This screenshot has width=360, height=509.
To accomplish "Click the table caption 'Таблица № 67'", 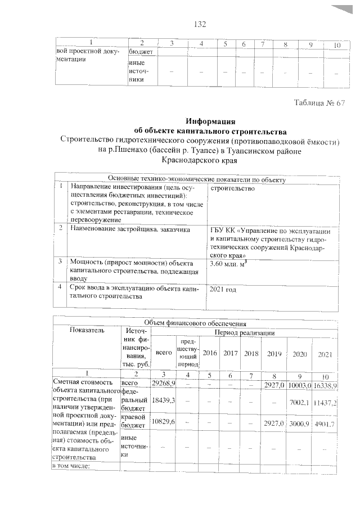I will (319, 102).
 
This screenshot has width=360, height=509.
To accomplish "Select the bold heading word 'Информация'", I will (210, 120).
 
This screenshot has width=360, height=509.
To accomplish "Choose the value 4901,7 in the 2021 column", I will (325, 424).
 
